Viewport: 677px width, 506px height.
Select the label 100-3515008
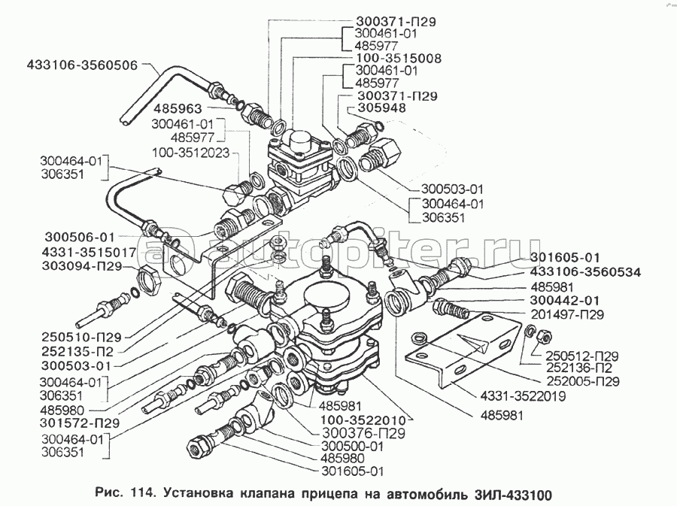394,58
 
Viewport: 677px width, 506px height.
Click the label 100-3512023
194,152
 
